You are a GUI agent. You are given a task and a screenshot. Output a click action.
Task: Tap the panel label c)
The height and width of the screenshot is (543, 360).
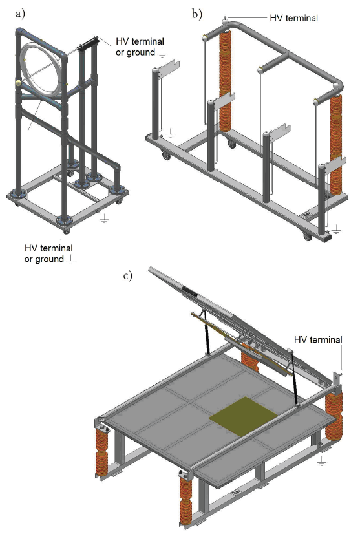[128, 275]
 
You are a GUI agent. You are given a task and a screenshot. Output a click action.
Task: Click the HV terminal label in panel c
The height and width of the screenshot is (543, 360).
[318, 339]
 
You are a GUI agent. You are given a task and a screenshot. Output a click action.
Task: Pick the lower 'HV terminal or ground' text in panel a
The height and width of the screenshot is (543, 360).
[48, 253]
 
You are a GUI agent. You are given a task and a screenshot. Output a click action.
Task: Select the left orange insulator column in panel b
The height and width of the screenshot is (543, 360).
[226, 80]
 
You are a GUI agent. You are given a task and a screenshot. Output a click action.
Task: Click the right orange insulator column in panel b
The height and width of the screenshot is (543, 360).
[336, 144]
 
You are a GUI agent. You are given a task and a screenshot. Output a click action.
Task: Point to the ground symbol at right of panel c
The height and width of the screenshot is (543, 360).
[322, 461]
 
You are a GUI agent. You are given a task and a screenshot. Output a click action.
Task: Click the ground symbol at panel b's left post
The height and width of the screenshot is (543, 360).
[170, 133]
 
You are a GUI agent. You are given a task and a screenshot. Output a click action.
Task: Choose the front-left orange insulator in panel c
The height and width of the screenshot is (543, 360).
[101, 451]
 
